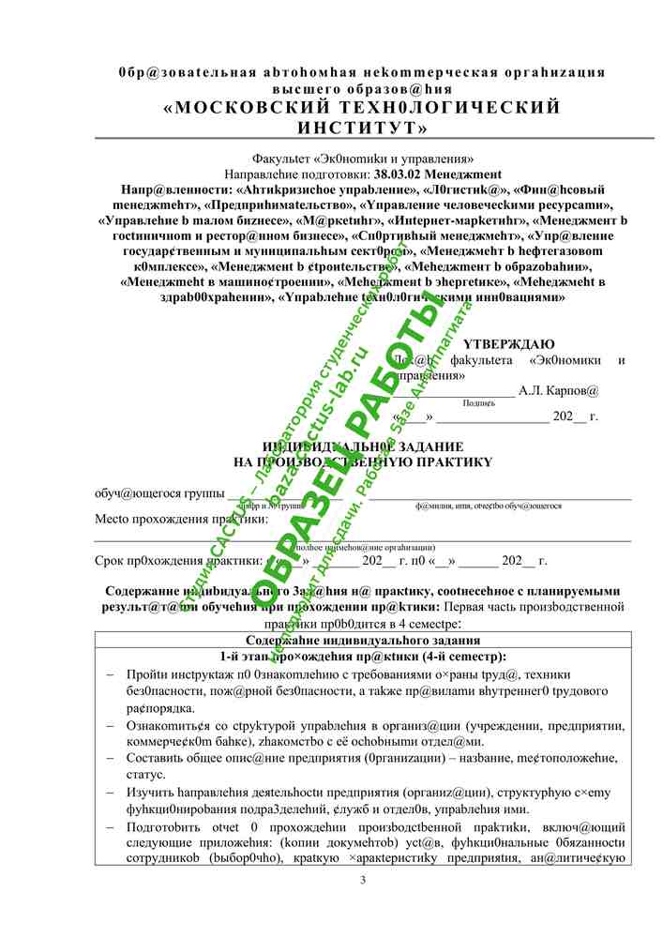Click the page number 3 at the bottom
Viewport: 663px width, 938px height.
(363, 879)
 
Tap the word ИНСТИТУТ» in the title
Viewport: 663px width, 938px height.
(362, 127)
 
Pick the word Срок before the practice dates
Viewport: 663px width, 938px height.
(111, 561)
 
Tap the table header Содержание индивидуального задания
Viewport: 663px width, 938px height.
(362, 640)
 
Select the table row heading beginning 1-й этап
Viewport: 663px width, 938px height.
(362, 656)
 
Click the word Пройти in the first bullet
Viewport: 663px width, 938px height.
(143, 674)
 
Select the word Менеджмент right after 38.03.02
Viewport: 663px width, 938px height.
(467, 174)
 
